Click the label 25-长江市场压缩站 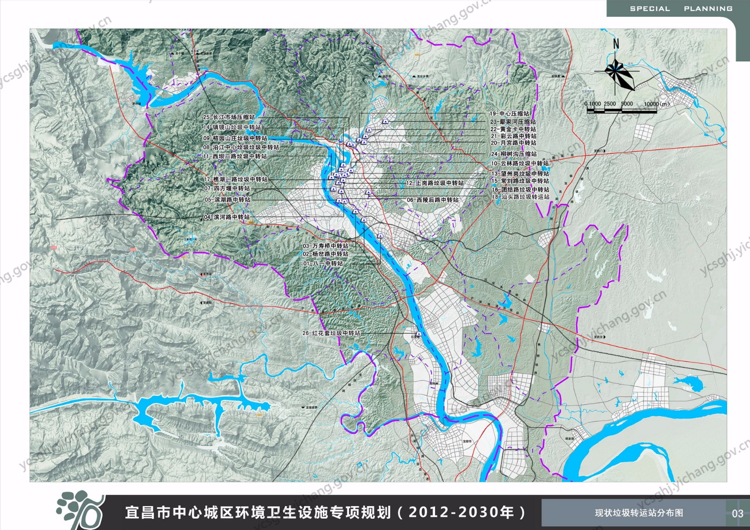[229, 117]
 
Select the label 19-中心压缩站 [509, 113]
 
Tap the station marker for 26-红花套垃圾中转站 [419, 334]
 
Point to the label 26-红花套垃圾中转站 [331, 333]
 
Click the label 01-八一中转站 [323, 263]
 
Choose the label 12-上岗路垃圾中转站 [435, 183]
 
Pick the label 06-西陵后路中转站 [433, 200]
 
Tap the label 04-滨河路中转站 [226, 217]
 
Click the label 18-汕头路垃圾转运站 [520, 197]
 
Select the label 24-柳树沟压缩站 [514, 154]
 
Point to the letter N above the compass [616, 44]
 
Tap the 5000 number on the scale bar [627, 104]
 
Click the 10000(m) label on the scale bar [657, 104]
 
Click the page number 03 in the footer [737, 513]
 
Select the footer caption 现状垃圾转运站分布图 [639, 513]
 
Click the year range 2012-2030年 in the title [461, 512]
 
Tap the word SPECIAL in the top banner [650, 9]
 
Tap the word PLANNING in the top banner [708, 9]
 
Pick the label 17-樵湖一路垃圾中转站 [235, 179]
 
